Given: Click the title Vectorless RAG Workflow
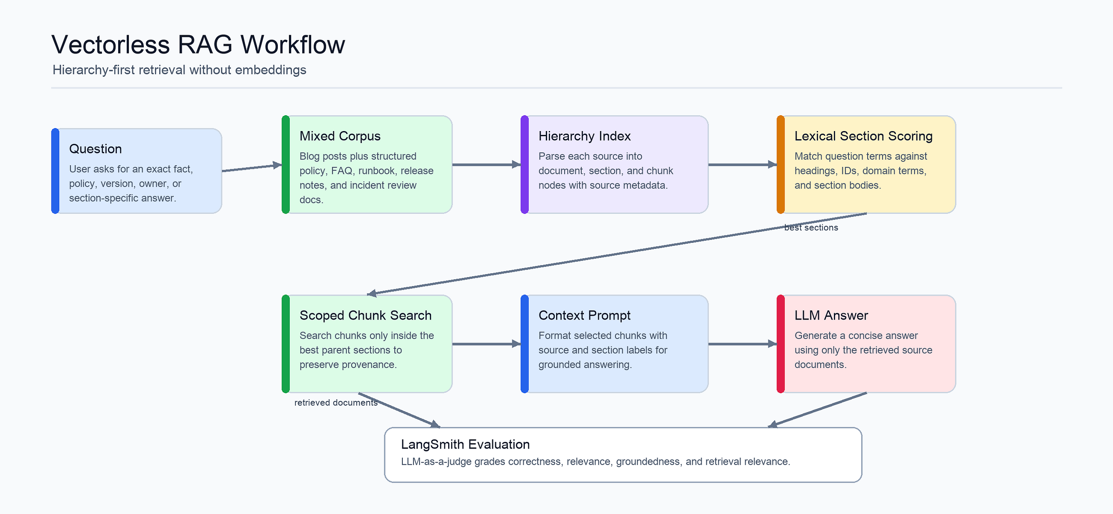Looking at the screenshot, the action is pos(198,45).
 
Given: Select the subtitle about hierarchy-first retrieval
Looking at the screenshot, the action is pos(179,70).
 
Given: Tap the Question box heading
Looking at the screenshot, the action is pos(95,149).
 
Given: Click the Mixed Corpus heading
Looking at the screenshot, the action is pos(340,136).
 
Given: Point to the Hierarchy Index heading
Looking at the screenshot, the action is pos(585,136).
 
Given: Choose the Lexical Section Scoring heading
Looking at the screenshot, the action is pos(863,136).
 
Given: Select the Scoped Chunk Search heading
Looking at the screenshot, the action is pos(366,316).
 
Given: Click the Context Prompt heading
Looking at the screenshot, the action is pos(584,316).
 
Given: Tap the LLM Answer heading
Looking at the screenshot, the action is pos(831,316).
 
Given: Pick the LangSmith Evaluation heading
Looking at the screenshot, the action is pos(465,445).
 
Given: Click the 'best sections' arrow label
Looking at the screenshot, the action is pos(811,228).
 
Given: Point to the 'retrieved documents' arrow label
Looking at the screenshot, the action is pos(336,403).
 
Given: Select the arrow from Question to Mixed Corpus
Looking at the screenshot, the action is pos(252,168).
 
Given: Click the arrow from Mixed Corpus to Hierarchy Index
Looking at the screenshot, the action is pos(486,165).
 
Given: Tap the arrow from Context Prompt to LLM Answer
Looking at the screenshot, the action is pos(743,344).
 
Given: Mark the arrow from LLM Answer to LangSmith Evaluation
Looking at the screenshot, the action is pos(817,410).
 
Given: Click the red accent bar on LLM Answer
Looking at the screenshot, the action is pos(780,344).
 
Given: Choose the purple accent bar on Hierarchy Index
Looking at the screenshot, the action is pos(524,165).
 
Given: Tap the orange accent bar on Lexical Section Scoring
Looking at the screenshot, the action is pos(780,165).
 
